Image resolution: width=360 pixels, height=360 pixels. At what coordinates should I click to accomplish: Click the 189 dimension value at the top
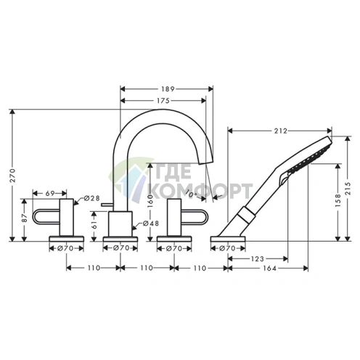click(168, 89)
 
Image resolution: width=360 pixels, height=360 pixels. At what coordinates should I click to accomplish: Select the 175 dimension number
click(163, 101)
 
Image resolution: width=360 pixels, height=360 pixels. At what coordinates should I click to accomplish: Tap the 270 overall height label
click(12, 176)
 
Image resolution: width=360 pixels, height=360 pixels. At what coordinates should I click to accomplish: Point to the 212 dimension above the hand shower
click(281, 131)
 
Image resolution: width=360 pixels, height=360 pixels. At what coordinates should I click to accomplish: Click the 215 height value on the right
click(348, 188)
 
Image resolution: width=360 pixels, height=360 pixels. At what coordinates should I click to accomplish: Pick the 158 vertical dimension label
click(338, 200)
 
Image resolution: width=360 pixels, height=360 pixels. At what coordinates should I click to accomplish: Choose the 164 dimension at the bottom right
click(269, 268)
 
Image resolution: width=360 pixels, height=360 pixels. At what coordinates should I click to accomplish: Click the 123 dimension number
click(258, 259)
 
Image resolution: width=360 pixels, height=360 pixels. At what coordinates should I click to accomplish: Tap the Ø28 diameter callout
click(92, 198)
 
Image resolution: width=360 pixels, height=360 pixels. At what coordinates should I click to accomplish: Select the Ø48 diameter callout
click(151, 224)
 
